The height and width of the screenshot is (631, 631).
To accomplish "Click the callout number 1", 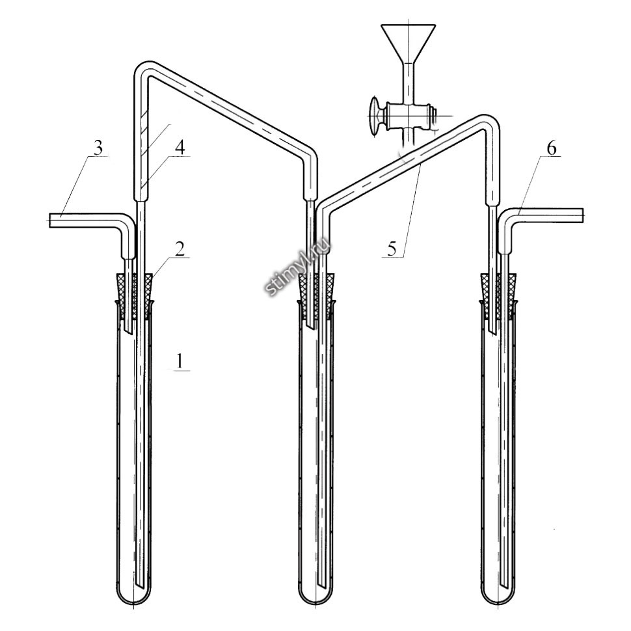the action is click(x=179, y=361).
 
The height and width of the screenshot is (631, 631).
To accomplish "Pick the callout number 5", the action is click(x=391, y=248).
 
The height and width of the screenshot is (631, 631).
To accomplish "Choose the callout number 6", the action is click(x=552, y=148).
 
